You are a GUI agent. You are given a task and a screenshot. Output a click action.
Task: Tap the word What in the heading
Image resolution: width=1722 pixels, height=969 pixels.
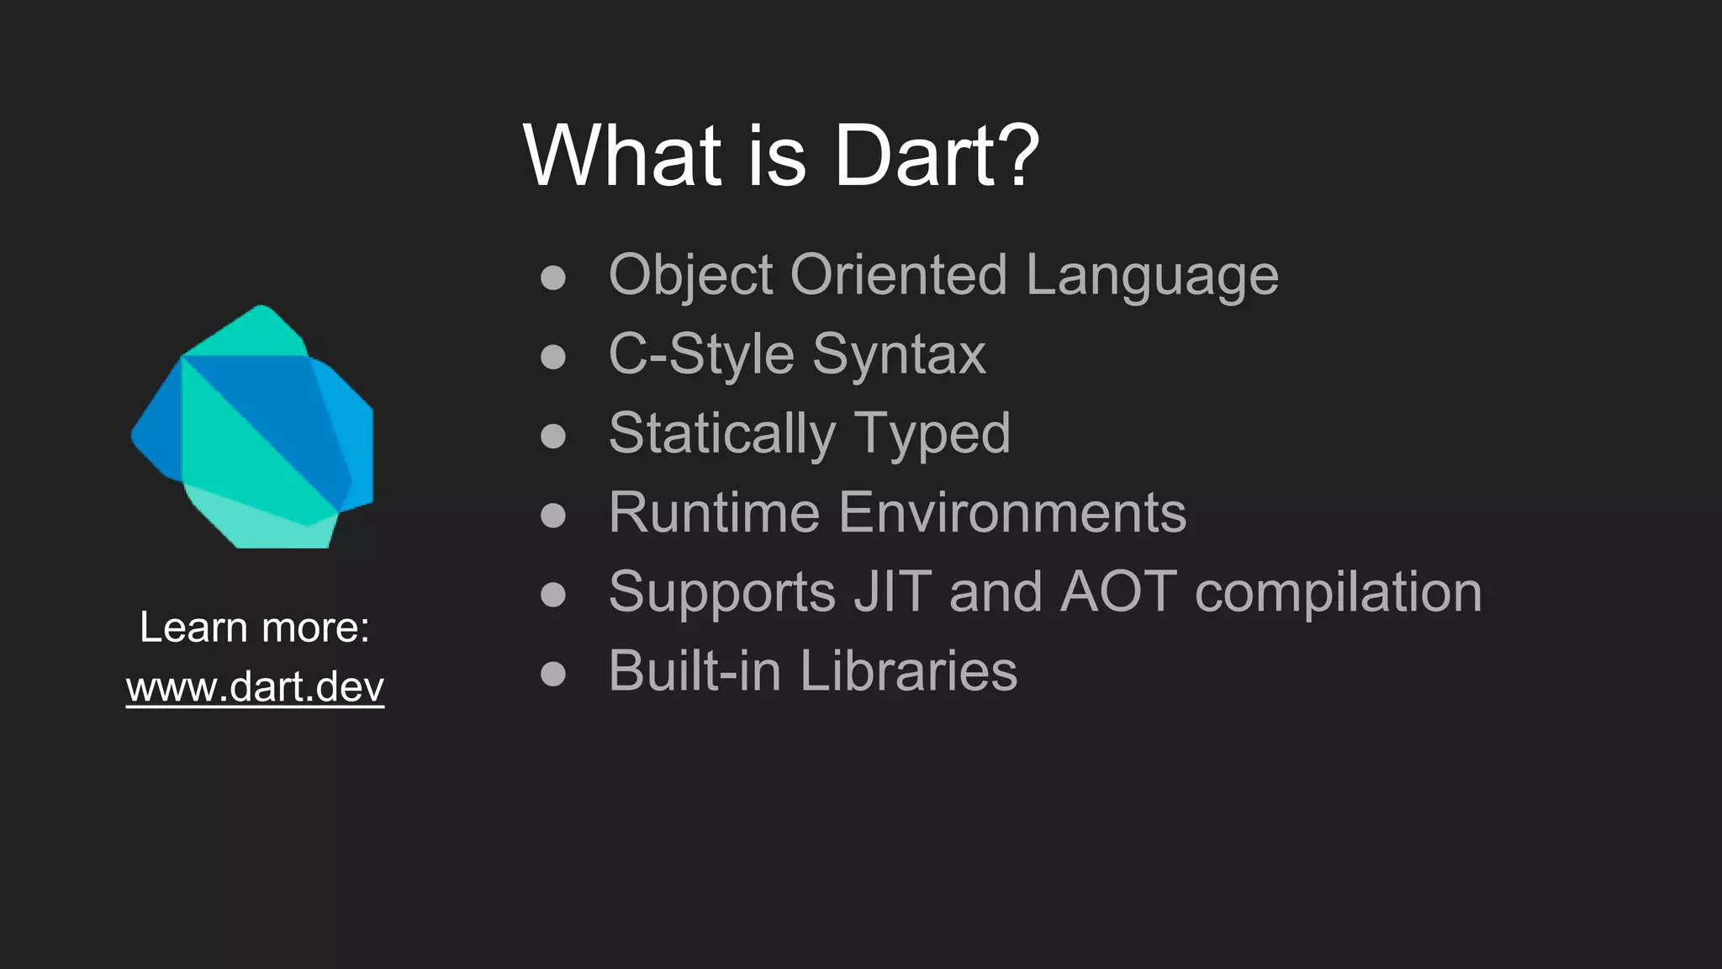click(x=622, y=156)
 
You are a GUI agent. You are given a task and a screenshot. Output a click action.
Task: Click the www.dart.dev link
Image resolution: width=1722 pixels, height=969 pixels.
click(x=255, y=687)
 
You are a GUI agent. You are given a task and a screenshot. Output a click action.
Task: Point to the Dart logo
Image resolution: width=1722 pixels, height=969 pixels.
click(x=253, y=427)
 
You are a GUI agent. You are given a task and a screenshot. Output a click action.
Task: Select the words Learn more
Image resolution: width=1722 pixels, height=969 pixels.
click(x=254, y=627)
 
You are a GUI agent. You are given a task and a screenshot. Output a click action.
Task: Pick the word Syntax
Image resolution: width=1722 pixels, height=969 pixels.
click(x=899, y=354)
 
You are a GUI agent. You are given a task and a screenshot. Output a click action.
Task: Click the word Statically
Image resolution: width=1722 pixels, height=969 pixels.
click(x=721, y=434)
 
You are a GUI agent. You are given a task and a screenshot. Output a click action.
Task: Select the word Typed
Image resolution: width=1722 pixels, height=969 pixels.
click(x=932, y=434)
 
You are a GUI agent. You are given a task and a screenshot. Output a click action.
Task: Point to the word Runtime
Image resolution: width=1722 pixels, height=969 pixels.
click(x=714, y=512)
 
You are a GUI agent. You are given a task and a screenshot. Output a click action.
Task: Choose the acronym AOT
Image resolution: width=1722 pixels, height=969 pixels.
click(x=1118, y=591)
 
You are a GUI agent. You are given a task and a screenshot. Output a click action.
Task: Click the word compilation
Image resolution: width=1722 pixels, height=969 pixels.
click(x=1338, y=591)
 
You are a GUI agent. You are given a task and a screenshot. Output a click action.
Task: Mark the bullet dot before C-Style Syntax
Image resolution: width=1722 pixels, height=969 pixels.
click(x=553, y=357)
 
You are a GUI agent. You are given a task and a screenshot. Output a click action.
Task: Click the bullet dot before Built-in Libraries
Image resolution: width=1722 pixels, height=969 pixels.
click(x=553, y=673)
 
